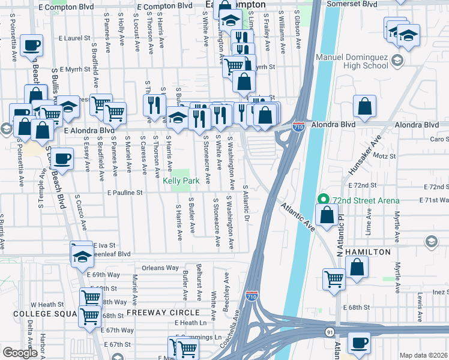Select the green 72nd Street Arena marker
tap(322, 200)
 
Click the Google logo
tap(20, 353)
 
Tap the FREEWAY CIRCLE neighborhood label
tap(162, 313)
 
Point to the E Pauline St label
tap(125, 193)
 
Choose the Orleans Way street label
tap(160, 268)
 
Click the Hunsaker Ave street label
tap(363, 155)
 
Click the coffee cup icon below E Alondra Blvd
tap(62, 159)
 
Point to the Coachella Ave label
tap(230, 336)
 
